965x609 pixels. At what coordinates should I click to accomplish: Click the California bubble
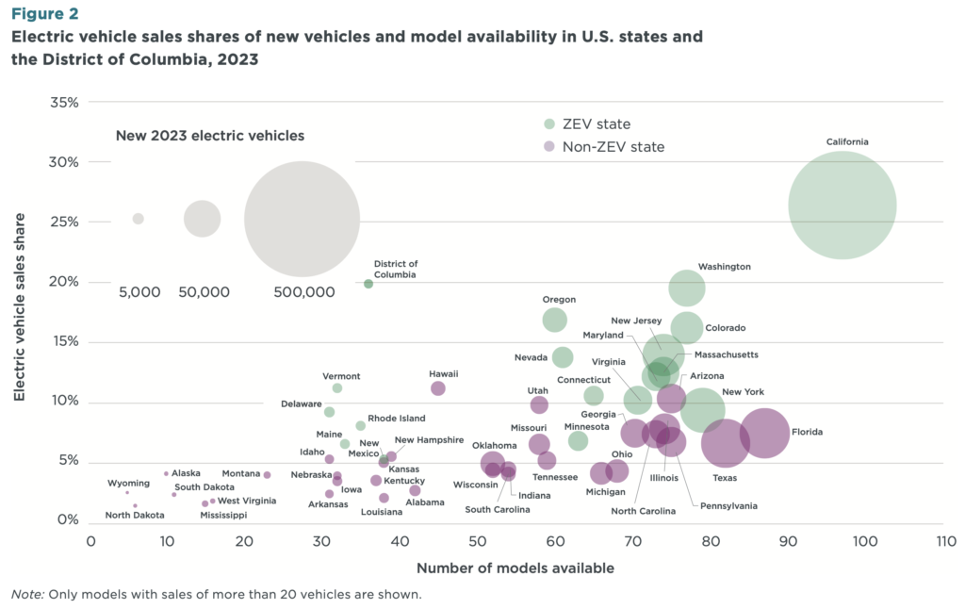(x=842, y=205)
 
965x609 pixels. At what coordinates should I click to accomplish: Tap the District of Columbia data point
(x=368, y=284)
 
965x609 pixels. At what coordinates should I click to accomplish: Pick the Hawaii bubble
(x=438, y=388)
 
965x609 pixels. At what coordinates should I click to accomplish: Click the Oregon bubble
(x=555, y=320)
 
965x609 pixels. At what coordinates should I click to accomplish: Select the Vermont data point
(x=337, y=388)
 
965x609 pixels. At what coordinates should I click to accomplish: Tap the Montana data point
(x=267, y=475)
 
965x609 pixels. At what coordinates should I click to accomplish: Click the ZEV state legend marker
(x=549, y=124)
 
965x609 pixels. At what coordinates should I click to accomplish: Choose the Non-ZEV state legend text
(x=613, y=147)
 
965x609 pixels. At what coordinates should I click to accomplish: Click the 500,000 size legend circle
(x=303, y=219)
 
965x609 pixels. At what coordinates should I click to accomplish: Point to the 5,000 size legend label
(x=139, y=292)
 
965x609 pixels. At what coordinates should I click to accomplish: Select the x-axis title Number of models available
(x=515, y=568)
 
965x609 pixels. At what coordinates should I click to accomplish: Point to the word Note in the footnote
(x=25, y=595)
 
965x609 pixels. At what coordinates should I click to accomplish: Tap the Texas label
(x=725, y=478)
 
